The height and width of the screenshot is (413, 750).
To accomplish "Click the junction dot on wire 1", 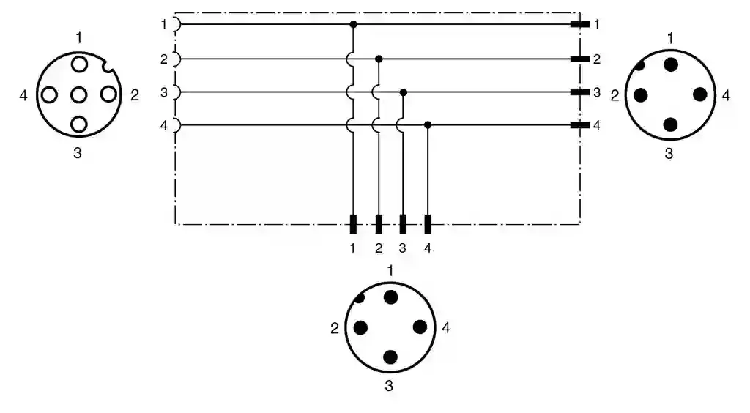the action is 354,24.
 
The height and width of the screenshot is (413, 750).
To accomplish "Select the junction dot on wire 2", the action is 379,59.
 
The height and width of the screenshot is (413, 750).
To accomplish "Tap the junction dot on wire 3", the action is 404,92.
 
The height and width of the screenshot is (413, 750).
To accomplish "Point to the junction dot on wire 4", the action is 428,125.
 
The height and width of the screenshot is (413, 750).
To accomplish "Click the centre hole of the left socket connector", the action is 79,95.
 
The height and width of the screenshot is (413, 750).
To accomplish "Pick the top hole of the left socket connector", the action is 79,64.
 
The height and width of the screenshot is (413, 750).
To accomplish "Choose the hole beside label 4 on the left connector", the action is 49,95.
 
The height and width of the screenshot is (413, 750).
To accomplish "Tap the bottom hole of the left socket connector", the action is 79,124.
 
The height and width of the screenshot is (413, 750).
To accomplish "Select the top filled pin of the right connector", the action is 671,64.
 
